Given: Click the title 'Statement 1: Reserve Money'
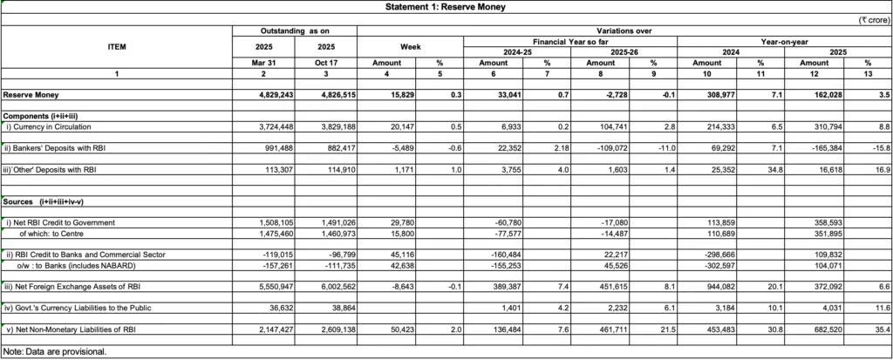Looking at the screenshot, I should pos(446,7).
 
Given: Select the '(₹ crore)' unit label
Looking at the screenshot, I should pos(871,18).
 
